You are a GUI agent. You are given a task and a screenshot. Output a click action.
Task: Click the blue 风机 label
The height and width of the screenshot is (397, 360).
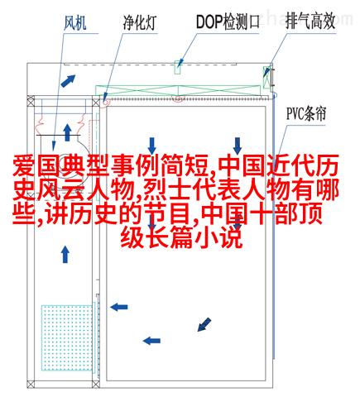tap(75, 22)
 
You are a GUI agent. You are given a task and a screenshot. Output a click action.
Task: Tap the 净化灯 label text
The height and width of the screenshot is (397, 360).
tap(140, 22)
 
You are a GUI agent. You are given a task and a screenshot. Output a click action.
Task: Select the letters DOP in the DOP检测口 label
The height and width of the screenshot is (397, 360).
tap(209, 22)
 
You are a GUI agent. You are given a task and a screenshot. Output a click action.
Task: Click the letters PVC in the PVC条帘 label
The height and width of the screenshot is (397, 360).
tap(295, 113)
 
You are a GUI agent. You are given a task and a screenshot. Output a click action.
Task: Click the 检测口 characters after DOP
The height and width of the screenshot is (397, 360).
tap(242, 22)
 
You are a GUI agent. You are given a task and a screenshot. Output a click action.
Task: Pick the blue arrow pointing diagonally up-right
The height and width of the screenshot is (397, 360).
tap(68, 80)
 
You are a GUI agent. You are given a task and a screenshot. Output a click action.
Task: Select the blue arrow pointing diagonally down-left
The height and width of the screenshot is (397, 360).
tap(204, 324)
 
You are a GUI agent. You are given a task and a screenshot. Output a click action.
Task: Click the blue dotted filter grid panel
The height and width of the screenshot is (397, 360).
tap(67, 337)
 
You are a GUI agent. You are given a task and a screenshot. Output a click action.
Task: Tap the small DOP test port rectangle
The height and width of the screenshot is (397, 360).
tap(178, 67)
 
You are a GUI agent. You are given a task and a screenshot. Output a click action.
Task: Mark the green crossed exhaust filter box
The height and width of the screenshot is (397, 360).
tap(266, 77)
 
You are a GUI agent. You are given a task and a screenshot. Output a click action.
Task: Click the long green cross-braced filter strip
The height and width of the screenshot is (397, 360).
tap(178, 90)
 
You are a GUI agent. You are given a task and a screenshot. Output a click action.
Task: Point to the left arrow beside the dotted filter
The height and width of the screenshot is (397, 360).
tap(119, 307)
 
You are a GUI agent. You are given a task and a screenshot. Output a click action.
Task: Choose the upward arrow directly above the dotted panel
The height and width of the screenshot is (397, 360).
tap(65, 254)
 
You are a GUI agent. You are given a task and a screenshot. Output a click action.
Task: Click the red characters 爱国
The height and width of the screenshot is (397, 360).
tap(36, 166)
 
